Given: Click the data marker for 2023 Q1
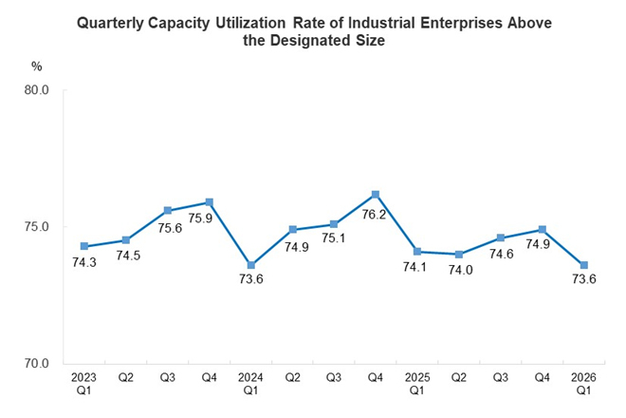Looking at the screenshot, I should pyautogui.click(x=84, y=247).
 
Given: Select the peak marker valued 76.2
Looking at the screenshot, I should pyautogui.click(x=376, y=195).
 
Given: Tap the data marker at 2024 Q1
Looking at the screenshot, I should pyautogui.click(x=250, y=265).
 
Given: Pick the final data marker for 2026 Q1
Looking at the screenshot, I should pyautogui.click(x=583, y=265).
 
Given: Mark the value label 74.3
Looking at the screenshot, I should pyautogui.click(x=84, y=264).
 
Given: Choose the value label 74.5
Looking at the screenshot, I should pyautogui.click(x=126, y=257).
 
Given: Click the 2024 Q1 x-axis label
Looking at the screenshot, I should pyautogui.click(x=250, y=385).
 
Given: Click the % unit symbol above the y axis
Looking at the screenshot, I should pyautogui.click(x=37, y=66).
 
